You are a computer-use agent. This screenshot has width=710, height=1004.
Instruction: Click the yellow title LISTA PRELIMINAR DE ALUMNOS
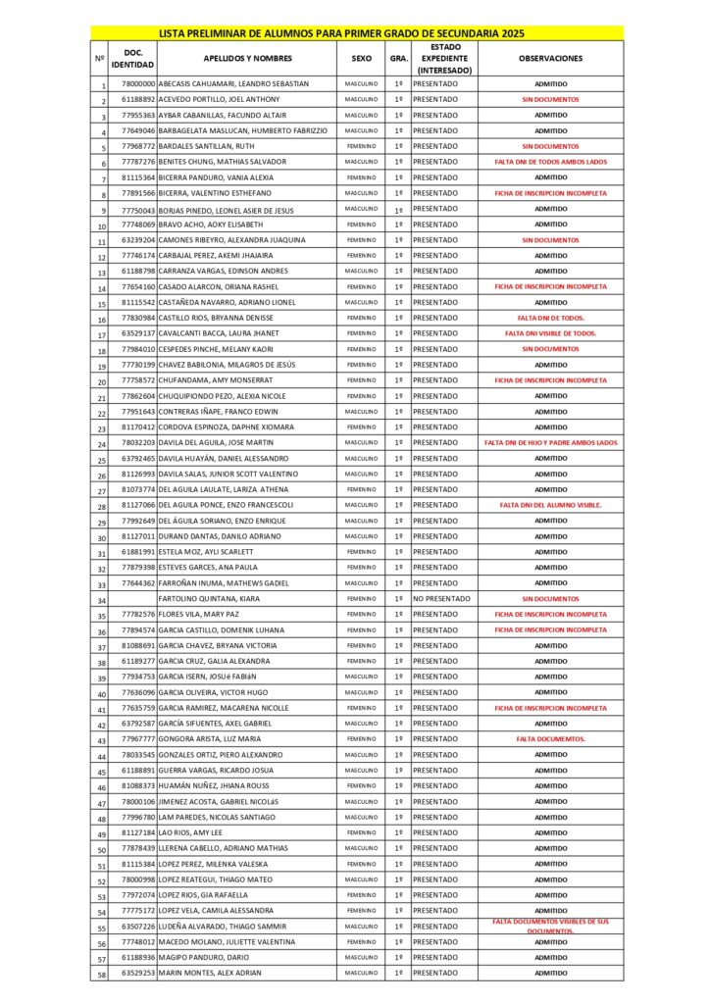pos(355,32)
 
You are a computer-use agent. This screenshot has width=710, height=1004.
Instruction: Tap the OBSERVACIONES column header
pos(550,59)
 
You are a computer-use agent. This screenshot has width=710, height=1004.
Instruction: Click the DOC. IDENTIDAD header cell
pos(132,59)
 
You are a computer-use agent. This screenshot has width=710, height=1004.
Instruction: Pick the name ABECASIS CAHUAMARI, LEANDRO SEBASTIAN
pos(233,84)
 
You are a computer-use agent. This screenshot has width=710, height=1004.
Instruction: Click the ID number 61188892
pos(138,100)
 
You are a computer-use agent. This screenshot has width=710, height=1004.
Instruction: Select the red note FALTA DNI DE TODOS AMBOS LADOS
pos(550,162)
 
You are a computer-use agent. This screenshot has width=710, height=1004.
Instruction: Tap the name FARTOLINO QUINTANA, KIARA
pos(209,599)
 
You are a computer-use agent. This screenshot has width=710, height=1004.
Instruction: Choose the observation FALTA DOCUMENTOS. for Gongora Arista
pos(550,739)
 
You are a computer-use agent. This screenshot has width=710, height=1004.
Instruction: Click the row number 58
pos(100,975)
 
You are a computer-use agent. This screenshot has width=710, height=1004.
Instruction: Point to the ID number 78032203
pos(138,443)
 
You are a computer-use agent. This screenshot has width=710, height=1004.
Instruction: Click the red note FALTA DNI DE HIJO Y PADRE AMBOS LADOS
pos(550,443)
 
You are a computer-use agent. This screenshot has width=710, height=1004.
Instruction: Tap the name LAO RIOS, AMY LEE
pos(190,833)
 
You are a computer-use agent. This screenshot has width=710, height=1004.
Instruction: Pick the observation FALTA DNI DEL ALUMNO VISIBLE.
pos(550,505)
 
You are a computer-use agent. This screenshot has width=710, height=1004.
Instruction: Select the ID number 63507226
pos(138,927)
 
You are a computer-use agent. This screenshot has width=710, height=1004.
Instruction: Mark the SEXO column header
pos(361,59)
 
